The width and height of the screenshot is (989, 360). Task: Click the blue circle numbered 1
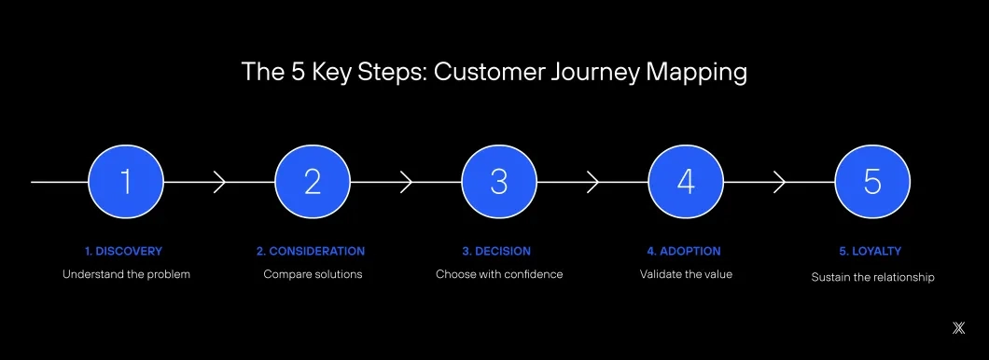126,181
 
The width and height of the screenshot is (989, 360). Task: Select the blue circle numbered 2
313,181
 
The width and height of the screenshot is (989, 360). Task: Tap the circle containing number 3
499,181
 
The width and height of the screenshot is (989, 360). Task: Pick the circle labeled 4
686,181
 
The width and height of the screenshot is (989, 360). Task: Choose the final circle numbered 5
872,181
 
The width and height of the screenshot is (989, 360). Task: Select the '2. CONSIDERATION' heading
311,251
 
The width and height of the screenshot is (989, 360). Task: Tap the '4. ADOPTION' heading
684,251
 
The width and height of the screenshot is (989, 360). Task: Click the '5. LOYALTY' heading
871,251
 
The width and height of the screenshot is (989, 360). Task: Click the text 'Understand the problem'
126,274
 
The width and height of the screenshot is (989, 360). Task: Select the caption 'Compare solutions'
313,274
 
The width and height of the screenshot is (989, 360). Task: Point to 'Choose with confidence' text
499,274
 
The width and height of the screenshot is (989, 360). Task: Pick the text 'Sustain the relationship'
872,277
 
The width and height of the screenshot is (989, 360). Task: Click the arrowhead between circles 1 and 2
220,182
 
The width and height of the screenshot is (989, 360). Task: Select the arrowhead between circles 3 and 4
593,182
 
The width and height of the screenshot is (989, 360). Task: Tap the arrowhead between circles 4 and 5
780,182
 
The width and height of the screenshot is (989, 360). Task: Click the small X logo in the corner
958,326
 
